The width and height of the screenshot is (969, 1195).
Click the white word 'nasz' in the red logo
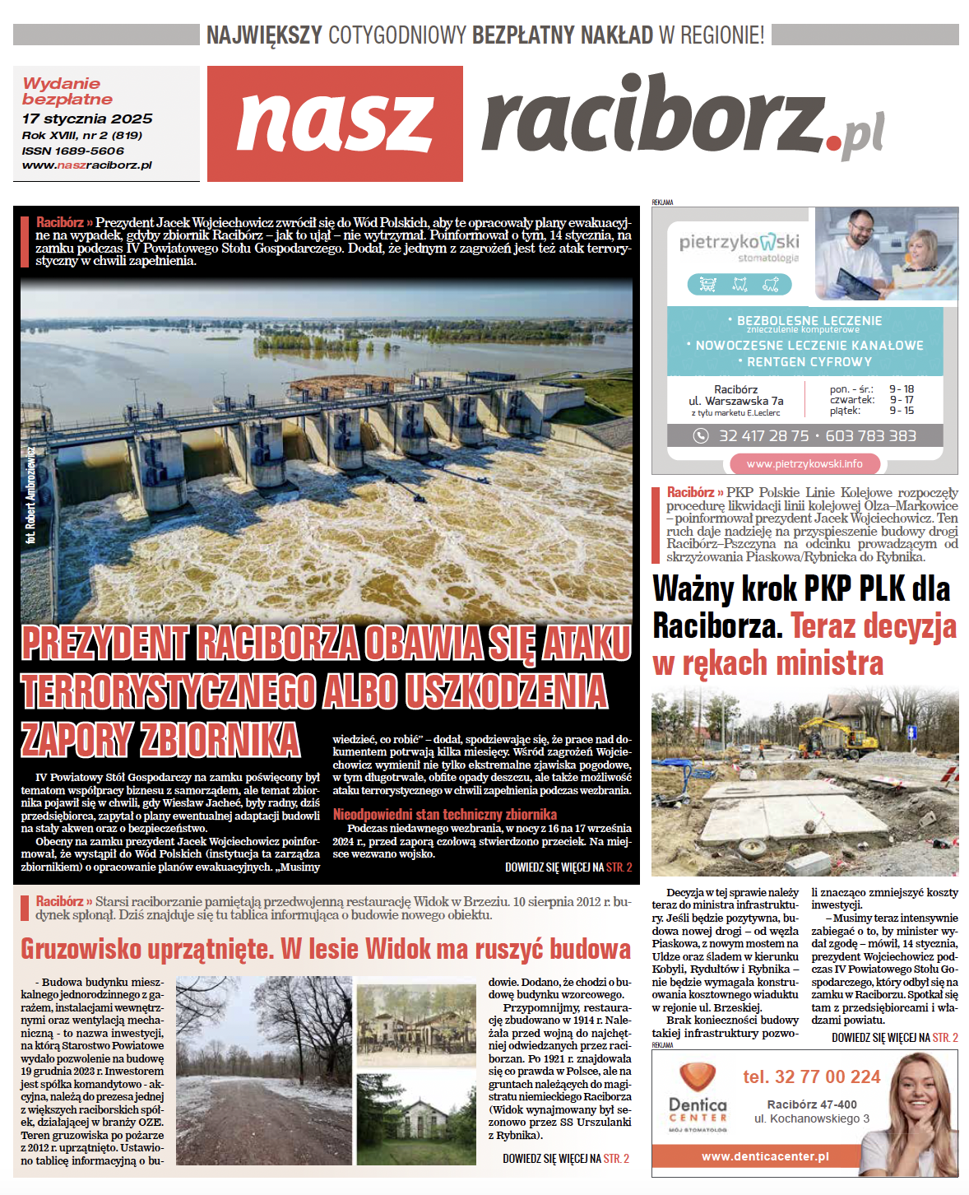point(335,123)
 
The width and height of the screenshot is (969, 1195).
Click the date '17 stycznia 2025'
point(87,119)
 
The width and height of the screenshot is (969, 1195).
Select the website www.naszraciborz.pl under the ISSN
point(87,165)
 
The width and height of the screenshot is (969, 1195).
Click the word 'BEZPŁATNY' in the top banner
point(523,35)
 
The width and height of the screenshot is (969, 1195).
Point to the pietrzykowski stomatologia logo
point(739,244)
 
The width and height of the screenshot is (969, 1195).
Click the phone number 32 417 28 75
point(763,435)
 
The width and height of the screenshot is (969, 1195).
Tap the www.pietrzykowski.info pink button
point(804,463)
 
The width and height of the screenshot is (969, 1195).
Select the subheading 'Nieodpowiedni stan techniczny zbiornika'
point(444,814)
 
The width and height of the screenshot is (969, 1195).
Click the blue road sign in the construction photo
point(911,732)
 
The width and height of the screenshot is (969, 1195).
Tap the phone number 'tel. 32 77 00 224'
point(811,1076)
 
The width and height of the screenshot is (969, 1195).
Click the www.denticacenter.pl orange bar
point(765,1156)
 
